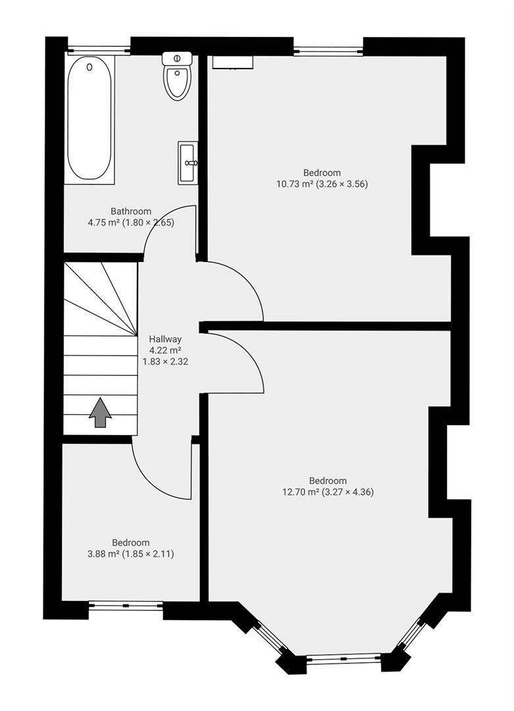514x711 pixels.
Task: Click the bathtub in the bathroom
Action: point(90,118)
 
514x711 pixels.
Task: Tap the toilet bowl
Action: point(176,83)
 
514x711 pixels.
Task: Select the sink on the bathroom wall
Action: point(188,162)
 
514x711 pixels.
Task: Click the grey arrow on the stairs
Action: point(100,413)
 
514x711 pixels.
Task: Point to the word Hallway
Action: point(165,339)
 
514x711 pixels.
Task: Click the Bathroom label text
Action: point(130,211)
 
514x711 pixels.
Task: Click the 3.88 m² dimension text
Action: point(103,554)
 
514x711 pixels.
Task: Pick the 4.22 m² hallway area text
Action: point(165,350)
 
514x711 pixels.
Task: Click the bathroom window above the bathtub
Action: point(99,49)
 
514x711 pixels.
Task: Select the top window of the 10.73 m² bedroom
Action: point(328,50)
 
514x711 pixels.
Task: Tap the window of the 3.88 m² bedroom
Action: point(126,605)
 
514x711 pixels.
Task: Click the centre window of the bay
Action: point(344,658)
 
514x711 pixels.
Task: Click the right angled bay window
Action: point(412,633)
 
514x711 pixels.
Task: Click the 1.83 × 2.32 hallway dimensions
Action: point(165,361)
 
